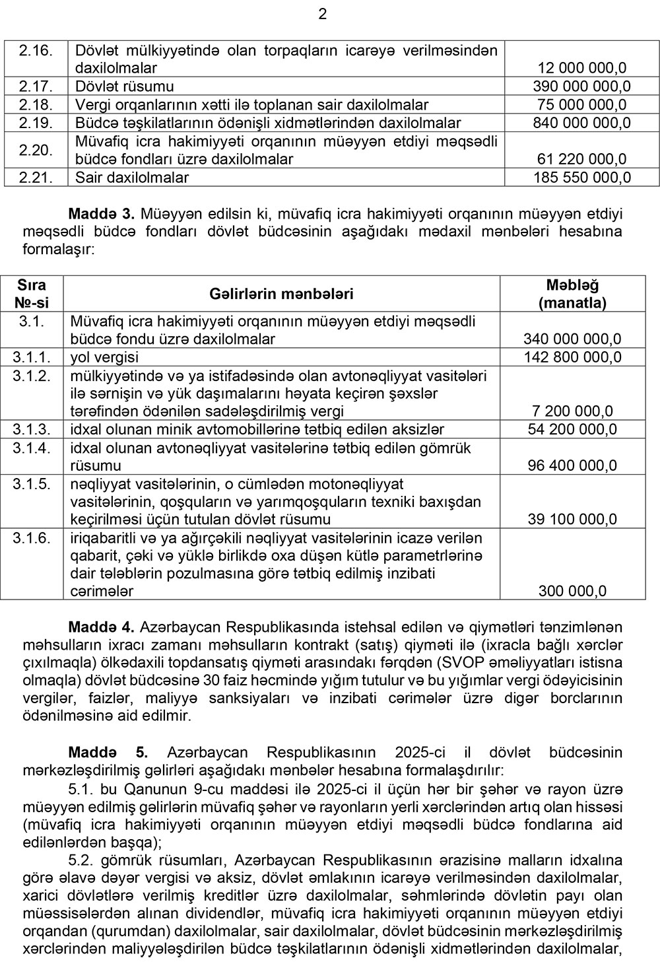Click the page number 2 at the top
[x=323, y=14]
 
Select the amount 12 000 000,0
[x=582, y=68]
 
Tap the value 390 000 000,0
[x=582, y=86]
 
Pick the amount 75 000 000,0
[x=582, y=104]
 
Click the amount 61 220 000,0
[x=582, y=159]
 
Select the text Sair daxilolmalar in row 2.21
[x=132, y=178]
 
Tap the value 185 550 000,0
[x=582, y=178]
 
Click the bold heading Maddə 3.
[x=102, y=214]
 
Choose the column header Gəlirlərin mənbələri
[x=281, y=294]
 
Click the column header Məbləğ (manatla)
[x=572, y=294]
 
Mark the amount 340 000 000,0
[x=572, y=339]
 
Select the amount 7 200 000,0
[x=572, y=411]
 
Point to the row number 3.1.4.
[x=32, y=448]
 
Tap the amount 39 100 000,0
[x=572, y=520]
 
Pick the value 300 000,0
[x=572, y=592]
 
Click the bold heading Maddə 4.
[x=102, y=626]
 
